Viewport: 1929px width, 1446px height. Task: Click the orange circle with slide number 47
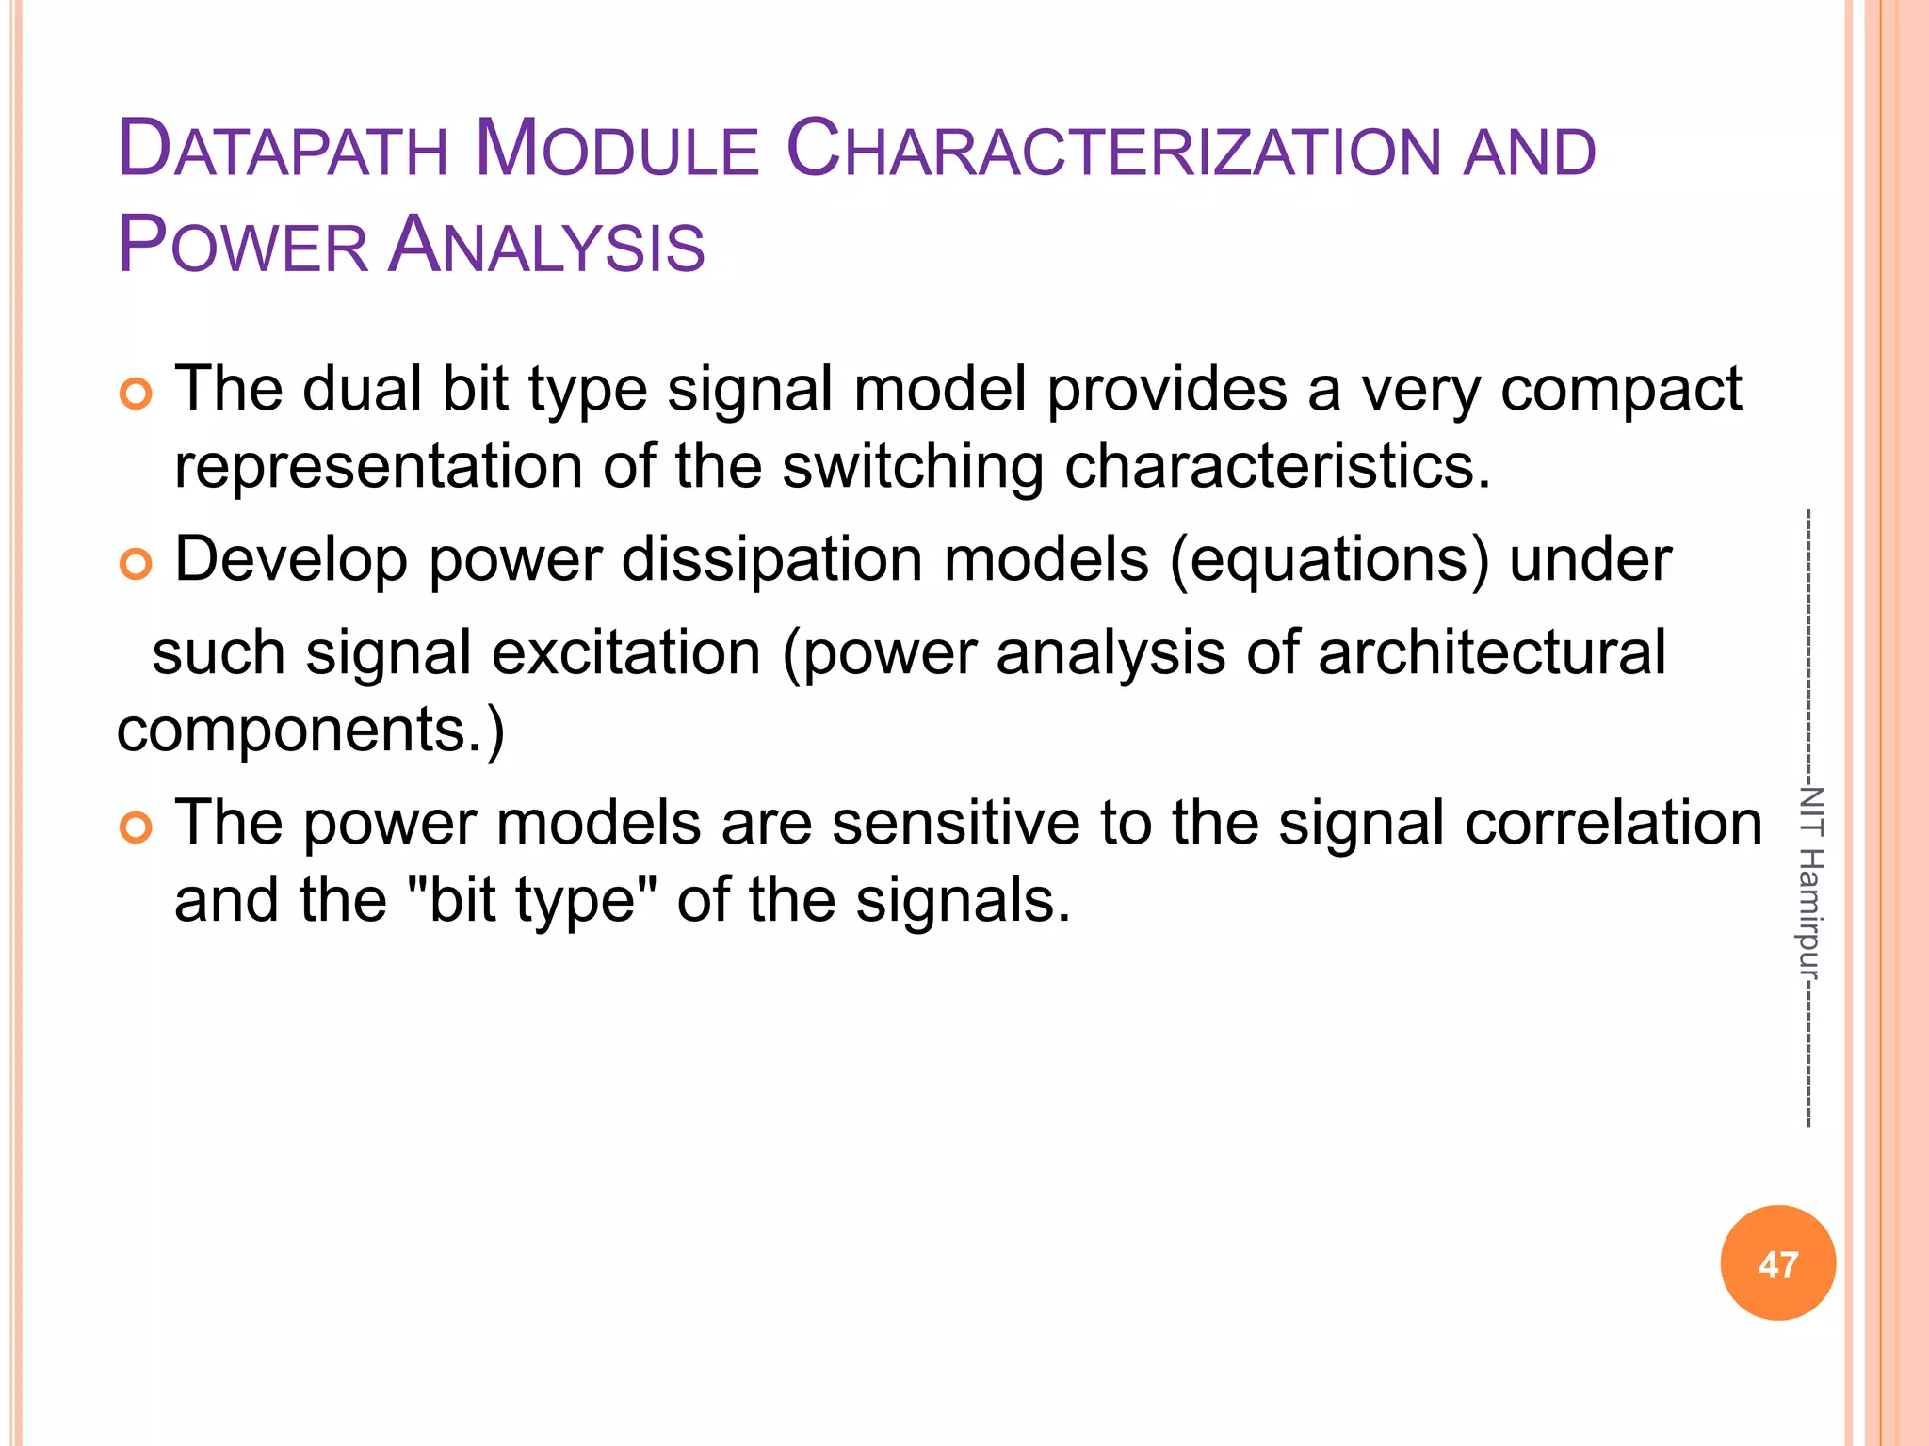(x=1777, y=1263)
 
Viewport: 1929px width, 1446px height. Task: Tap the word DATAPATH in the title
(x=282, y=151)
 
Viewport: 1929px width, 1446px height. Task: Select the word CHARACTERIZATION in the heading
(x=1112, y=151)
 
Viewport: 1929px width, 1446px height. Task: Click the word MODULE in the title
(x=617, y=151)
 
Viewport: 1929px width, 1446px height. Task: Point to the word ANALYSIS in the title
(x=546, y=247)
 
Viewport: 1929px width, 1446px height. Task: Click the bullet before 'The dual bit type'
(x=136, y=394)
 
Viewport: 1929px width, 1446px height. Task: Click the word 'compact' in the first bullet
(x=1620, y=390)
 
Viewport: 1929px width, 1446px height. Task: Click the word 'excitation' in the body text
(x=625, y=653)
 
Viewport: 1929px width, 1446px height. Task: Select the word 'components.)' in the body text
(x=311, y=731)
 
